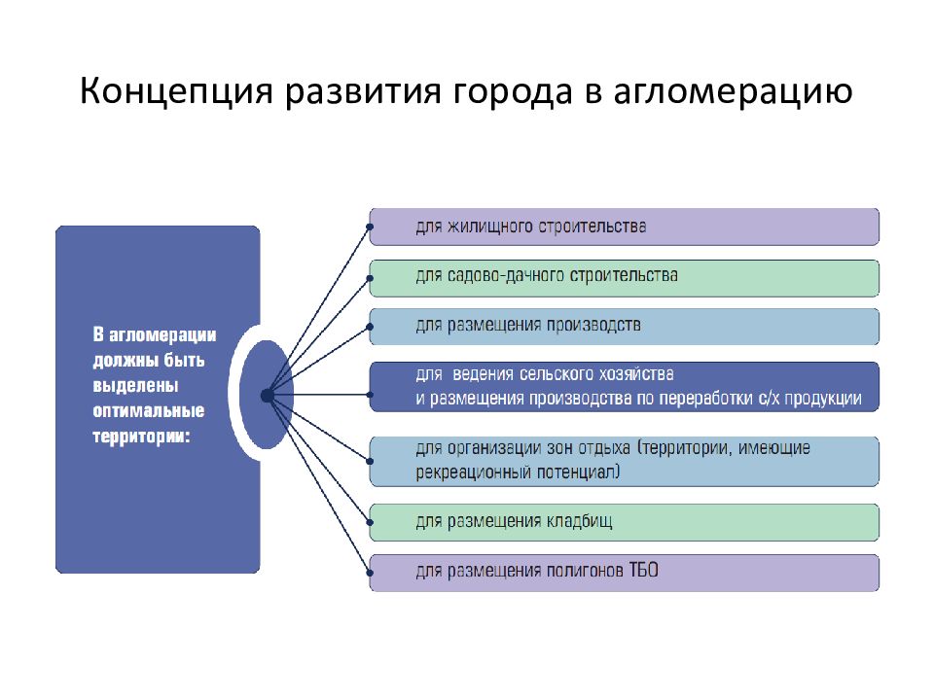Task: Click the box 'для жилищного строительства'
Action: pos(624,227)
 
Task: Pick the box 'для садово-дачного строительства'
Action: pos(624,277)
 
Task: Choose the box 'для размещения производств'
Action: pos(624,327)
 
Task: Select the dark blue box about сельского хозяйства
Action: pos(624,386)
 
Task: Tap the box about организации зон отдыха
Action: pos(624,462)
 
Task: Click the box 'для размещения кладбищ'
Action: pos(624,522)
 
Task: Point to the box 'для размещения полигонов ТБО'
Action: pos(624,572)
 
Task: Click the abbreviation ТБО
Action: pos(643,571)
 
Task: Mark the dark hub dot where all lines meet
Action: pos(267,396)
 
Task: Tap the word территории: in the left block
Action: pos(141,437)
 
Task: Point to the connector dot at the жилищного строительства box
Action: pos(370,230)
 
